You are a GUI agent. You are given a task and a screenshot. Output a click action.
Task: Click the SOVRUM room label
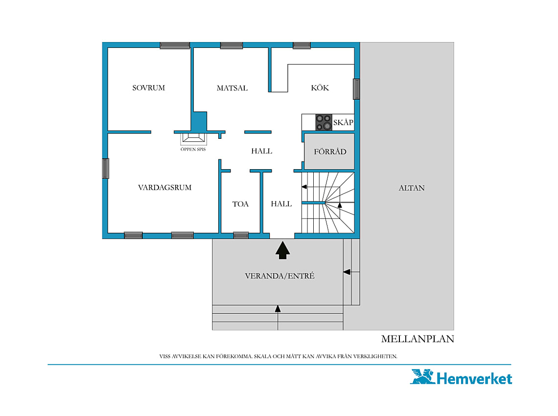pos(148,88)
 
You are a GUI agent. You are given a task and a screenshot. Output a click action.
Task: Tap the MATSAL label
pos(232,88)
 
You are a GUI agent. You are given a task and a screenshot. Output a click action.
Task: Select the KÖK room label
pos(320,88)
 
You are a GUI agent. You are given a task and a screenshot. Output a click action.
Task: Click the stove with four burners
pos(324,122)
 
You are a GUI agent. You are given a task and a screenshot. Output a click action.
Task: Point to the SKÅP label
pos(343,122)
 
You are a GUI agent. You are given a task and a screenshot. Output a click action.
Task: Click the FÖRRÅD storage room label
pos(330,152)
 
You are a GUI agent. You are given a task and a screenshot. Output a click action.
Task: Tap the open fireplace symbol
pos(194,138)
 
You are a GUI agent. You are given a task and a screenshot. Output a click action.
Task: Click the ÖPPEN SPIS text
pos(193,149)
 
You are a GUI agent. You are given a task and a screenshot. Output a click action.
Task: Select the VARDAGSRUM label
pos(164,187)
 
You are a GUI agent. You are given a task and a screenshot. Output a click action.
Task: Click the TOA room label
pos(240,204)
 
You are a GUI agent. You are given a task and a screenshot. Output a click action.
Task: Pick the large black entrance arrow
pos(282,250)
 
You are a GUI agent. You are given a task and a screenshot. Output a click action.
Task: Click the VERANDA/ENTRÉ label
pos(279,276)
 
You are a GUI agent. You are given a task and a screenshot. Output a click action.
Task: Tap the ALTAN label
pos(411,188)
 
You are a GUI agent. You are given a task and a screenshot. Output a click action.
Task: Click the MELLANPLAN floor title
pos(418,339)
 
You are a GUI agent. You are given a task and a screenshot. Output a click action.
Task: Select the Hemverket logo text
pos(474,378)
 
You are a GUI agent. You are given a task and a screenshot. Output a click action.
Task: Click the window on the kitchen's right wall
pos(356,89)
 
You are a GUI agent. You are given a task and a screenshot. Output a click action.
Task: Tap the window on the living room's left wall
pos(106,168)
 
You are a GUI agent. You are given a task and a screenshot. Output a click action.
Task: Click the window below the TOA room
pos(240,235)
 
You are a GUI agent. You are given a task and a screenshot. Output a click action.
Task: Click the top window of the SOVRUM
pos(175,45)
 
